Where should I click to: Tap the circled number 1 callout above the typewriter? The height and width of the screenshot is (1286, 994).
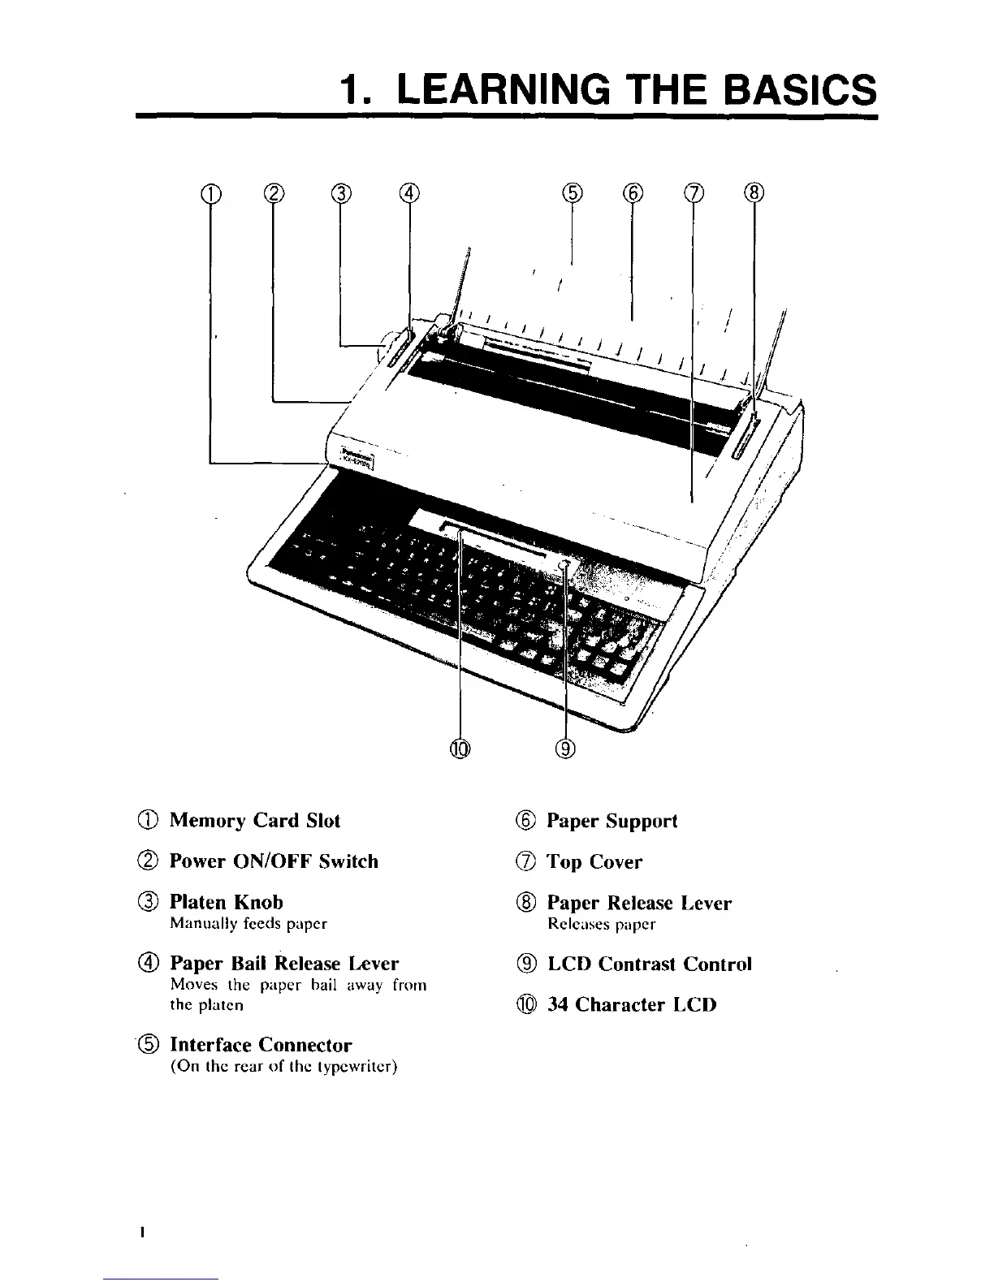[x=210, y=192]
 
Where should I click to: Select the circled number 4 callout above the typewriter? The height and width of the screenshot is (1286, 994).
[x=409, y=192]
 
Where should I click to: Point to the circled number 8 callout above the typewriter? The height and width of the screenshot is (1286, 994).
[x=754, y=192]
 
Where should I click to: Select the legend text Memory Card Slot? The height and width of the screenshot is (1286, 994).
[x=254, y=821]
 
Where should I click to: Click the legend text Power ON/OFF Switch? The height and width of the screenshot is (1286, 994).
[x=274, y=861]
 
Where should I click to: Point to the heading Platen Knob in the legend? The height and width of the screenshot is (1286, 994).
[x=226, y=902]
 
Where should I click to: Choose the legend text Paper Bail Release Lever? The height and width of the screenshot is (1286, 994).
[x=284, y=964]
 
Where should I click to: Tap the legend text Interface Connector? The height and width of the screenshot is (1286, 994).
[x=260, y=1045]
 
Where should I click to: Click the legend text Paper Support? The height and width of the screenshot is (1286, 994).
[x=612, y=821]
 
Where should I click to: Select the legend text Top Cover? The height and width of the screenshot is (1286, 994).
[x=594, y=862]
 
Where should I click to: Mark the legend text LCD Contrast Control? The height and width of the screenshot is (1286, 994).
[x=650, y=964]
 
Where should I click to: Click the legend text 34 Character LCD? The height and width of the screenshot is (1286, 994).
[x=632, y=1005]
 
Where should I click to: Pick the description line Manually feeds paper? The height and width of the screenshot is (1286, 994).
[x=248, y=923]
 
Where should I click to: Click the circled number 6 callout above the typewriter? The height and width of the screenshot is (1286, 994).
[x=633, y=192]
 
